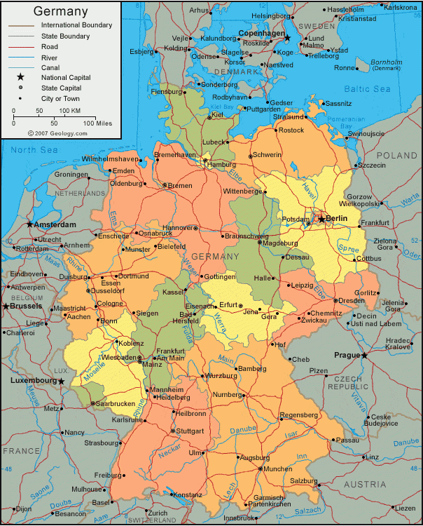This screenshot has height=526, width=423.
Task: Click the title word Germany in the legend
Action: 61,11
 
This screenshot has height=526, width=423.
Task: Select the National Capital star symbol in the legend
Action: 21,77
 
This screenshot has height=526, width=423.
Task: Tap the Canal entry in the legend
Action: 53,67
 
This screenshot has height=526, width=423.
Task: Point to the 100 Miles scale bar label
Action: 97,123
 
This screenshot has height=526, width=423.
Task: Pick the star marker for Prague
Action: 365,356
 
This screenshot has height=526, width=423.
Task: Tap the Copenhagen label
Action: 261,33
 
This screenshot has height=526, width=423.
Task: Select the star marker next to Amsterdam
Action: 29,224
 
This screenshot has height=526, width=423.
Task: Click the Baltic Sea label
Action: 367,89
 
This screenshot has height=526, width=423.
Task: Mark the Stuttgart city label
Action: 190,431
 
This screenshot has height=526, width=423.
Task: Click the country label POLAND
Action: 396,155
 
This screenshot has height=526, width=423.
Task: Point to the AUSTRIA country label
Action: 364,485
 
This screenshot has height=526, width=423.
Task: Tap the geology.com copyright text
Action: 52,133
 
